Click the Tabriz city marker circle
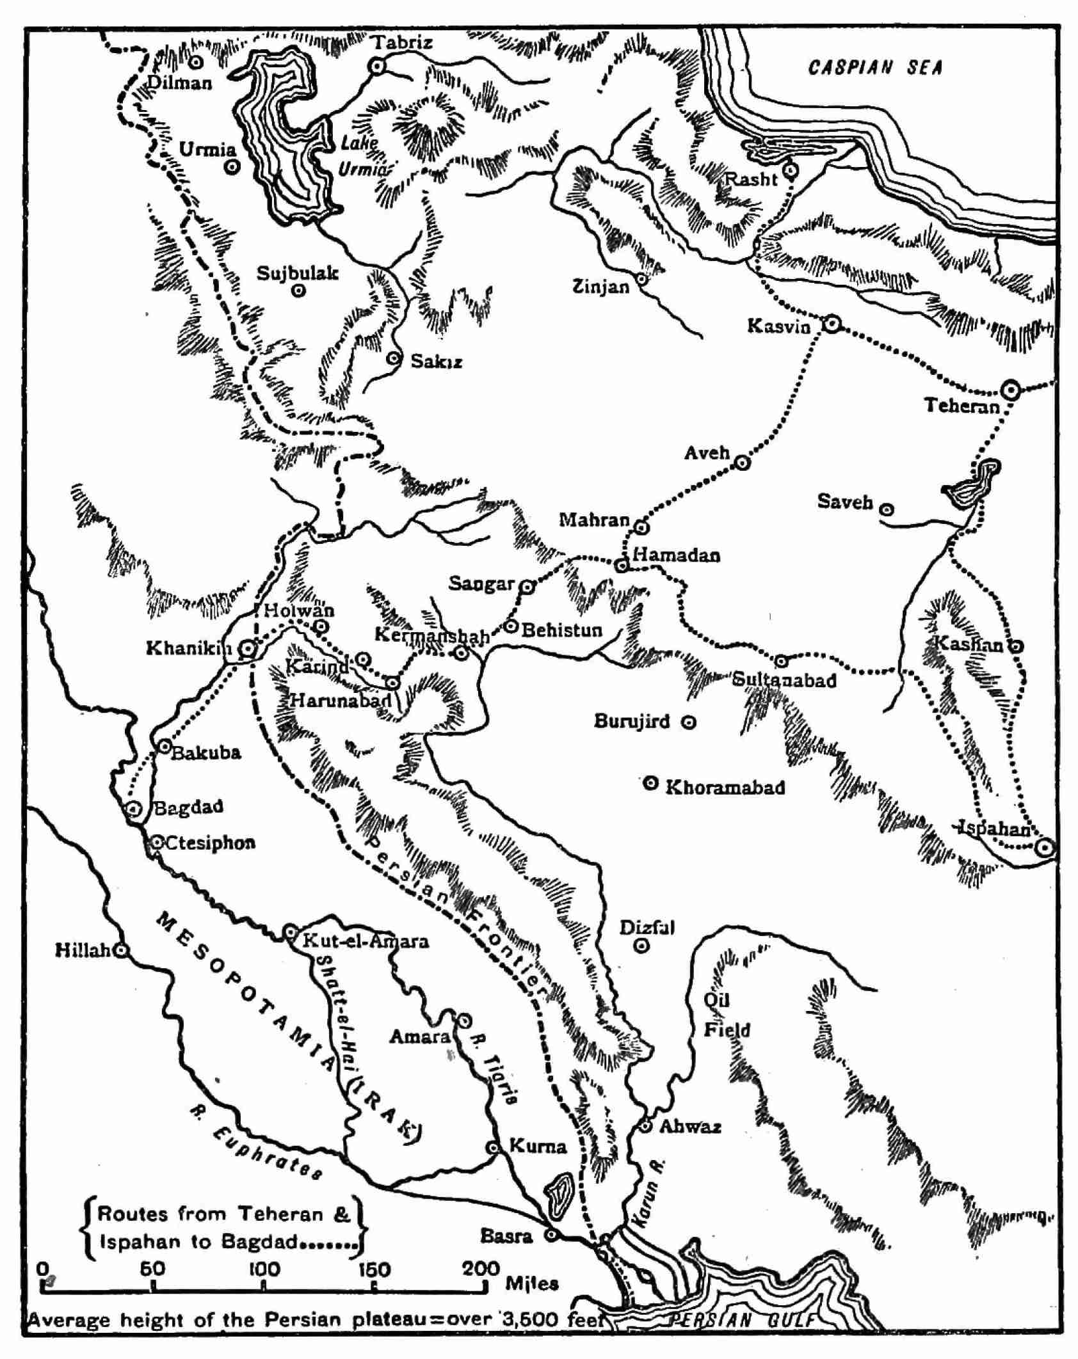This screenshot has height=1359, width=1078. point(378,66)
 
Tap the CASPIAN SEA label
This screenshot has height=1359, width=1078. point(875,68)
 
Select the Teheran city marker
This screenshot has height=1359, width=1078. point(1010,390)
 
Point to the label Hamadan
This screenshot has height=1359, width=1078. point(676,555)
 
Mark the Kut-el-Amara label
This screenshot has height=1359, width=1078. point(366,941)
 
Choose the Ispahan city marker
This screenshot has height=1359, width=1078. point(1044,848)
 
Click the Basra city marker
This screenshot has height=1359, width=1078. point(551,1234)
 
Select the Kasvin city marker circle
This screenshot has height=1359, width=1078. point(830,324)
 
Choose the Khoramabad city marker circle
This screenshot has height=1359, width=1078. point(650,783)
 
